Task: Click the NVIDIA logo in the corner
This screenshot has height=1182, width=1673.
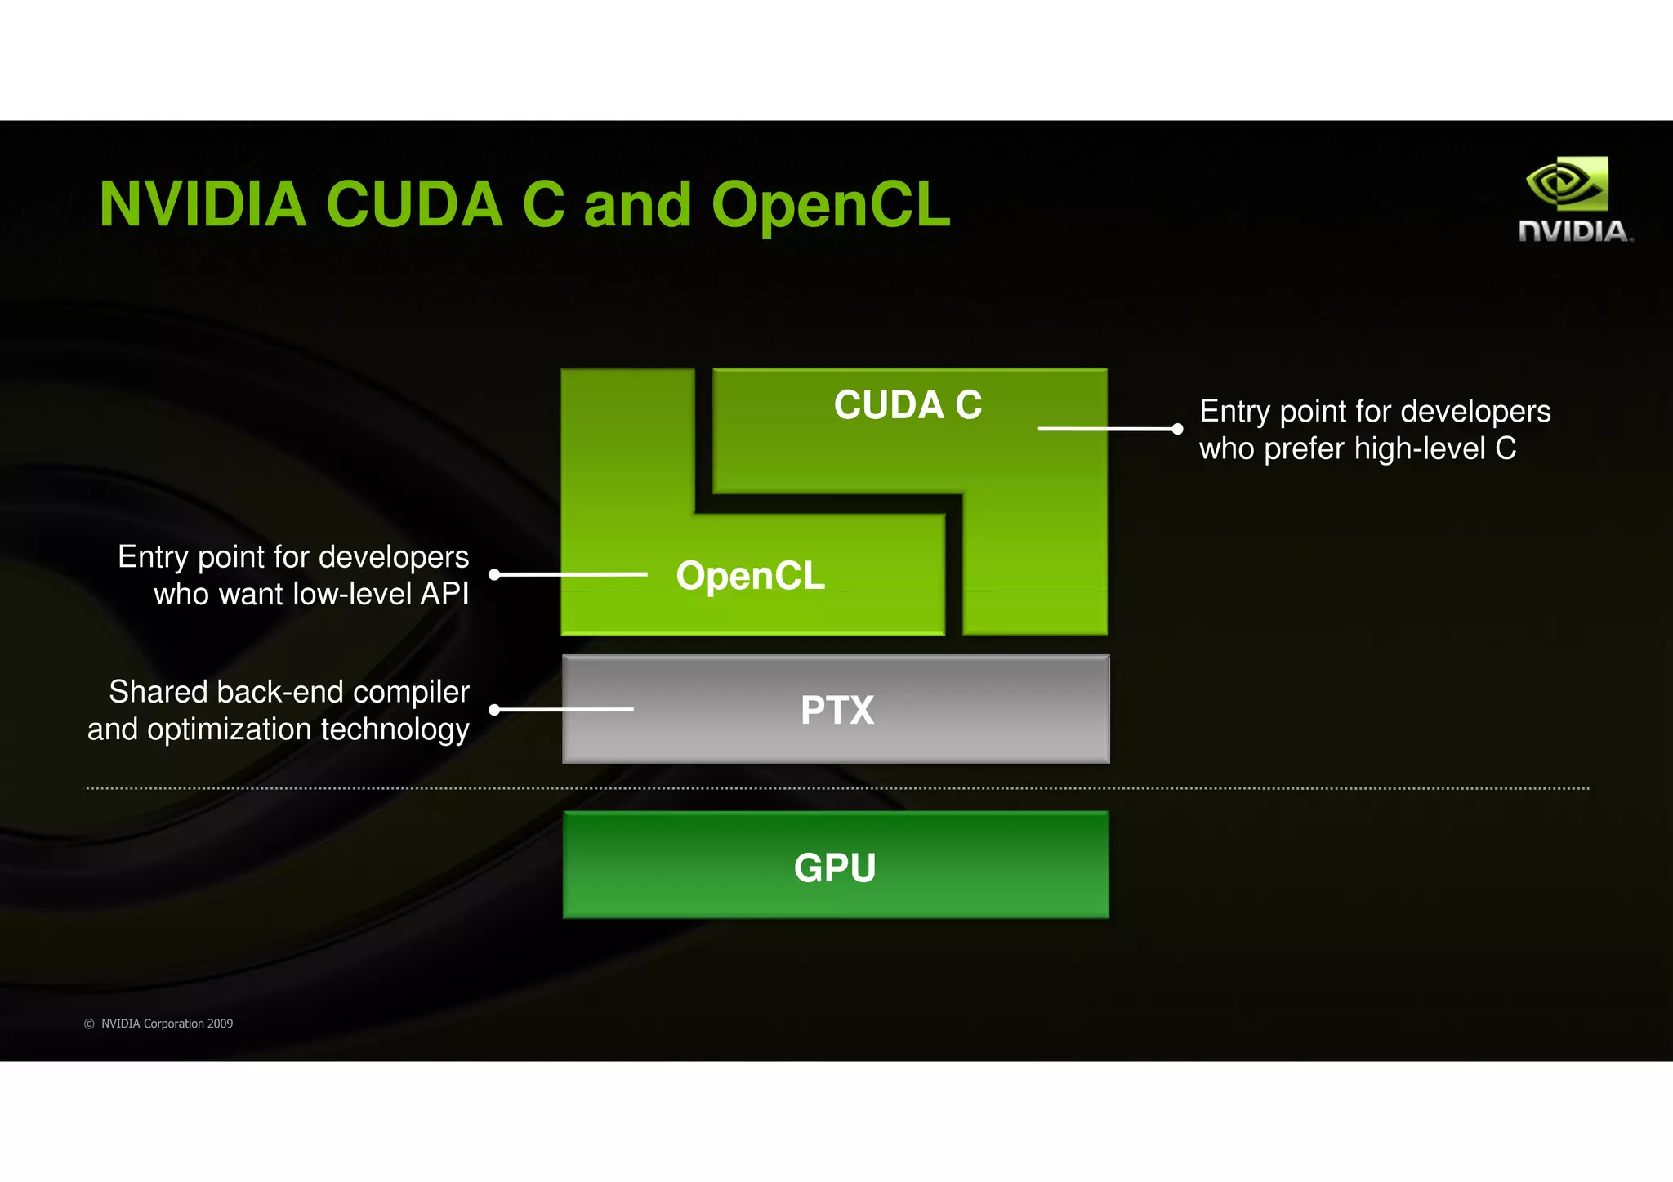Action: click(x=1574, y=200)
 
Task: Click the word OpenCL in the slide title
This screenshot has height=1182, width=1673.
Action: click(x=831, y=204)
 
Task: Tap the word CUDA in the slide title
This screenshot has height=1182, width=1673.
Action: click(x=414, y=204)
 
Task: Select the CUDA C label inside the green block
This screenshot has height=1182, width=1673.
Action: click(x=908, y=405)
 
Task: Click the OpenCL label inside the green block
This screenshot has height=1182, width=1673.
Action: click(x=750, y=576)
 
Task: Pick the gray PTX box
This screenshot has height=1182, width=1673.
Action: click(x=836, y=709)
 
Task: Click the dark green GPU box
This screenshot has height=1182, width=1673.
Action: click(x=836, y=865)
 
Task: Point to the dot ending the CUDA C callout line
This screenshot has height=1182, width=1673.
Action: click(x=1177, y=429)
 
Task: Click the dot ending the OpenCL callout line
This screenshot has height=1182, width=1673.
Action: click(x=494, y=575)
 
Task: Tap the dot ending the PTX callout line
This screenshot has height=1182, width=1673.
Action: click(x=494, y=710)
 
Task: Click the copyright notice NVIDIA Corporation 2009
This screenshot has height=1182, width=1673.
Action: click(x=159, y=1024)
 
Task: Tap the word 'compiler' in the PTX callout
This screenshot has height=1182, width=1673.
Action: click(x=411, y=692)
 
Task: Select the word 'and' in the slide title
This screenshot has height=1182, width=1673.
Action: click(x=638, y=204)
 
